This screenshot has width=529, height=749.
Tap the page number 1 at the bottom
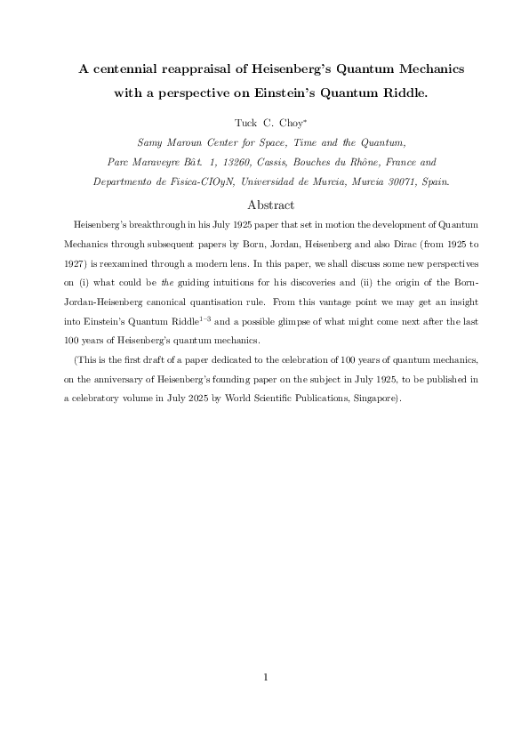pyautogui.click(x=265, y=677)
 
